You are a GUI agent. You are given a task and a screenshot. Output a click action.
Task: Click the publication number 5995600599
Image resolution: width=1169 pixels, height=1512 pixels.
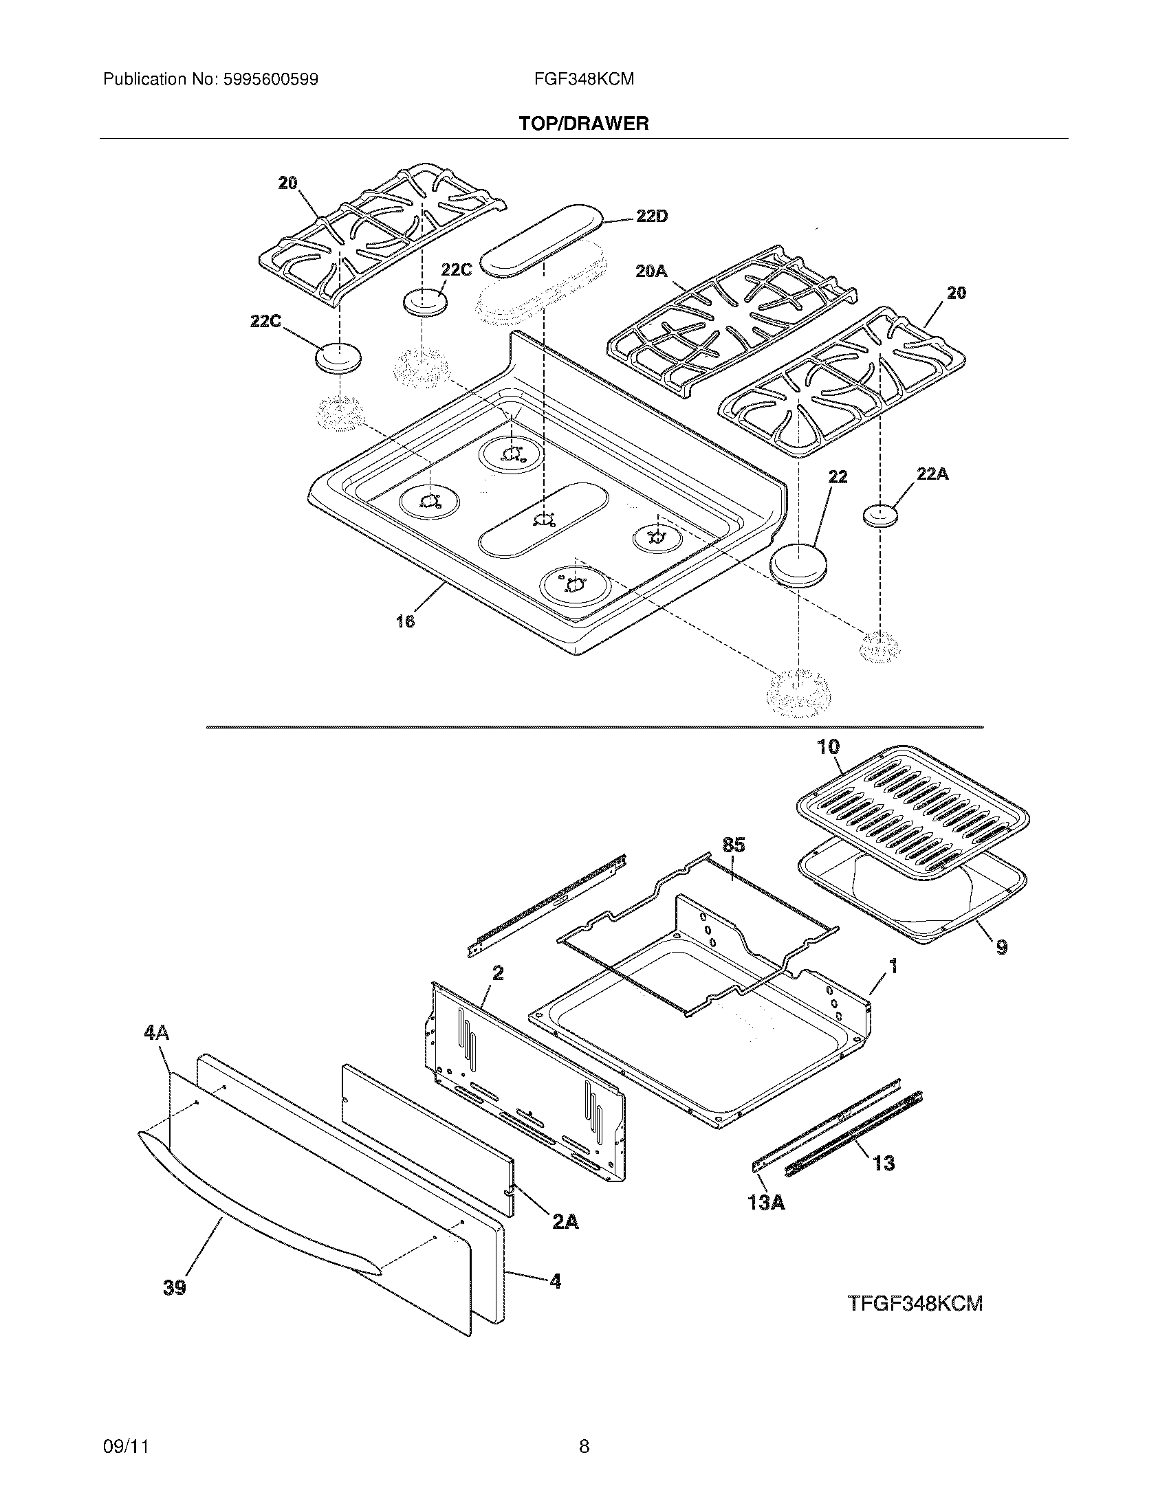[270, 80]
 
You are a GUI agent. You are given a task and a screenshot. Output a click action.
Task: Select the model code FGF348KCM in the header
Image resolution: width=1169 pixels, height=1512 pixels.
[584, 79]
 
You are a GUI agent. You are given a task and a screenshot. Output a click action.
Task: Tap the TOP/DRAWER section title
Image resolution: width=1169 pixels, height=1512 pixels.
[584, 124]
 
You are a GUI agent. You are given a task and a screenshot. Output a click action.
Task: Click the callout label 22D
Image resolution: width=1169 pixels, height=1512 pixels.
[652, 216]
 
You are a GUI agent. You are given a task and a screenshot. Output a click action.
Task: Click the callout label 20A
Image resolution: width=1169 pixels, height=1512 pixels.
[651, 272]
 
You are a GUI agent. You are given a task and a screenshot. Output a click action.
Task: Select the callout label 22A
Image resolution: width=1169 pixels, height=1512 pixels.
[932, 474]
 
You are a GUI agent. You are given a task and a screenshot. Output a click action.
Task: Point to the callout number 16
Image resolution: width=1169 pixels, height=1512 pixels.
[405, 622]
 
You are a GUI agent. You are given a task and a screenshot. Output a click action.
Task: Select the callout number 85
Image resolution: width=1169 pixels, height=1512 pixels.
[734, 845]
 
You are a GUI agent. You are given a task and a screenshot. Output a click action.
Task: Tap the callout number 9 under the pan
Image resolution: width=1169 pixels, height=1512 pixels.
[1001, 946]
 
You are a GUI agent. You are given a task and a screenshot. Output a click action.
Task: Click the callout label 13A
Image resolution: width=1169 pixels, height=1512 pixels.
[765, 1203]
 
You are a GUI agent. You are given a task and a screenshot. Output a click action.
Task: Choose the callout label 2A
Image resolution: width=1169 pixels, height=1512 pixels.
[565, 1223]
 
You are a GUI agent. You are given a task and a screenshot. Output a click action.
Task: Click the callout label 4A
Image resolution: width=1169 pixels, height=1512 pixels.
[157, 1053]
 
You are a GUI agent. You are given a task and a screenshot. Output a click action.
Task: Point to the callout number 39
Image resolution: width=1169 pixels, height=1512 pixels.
[175, 1287]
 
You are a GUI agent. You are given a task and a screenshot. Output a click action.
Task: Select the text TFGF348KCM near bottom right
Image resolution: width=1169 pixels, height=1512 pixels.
[915, 1304]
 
